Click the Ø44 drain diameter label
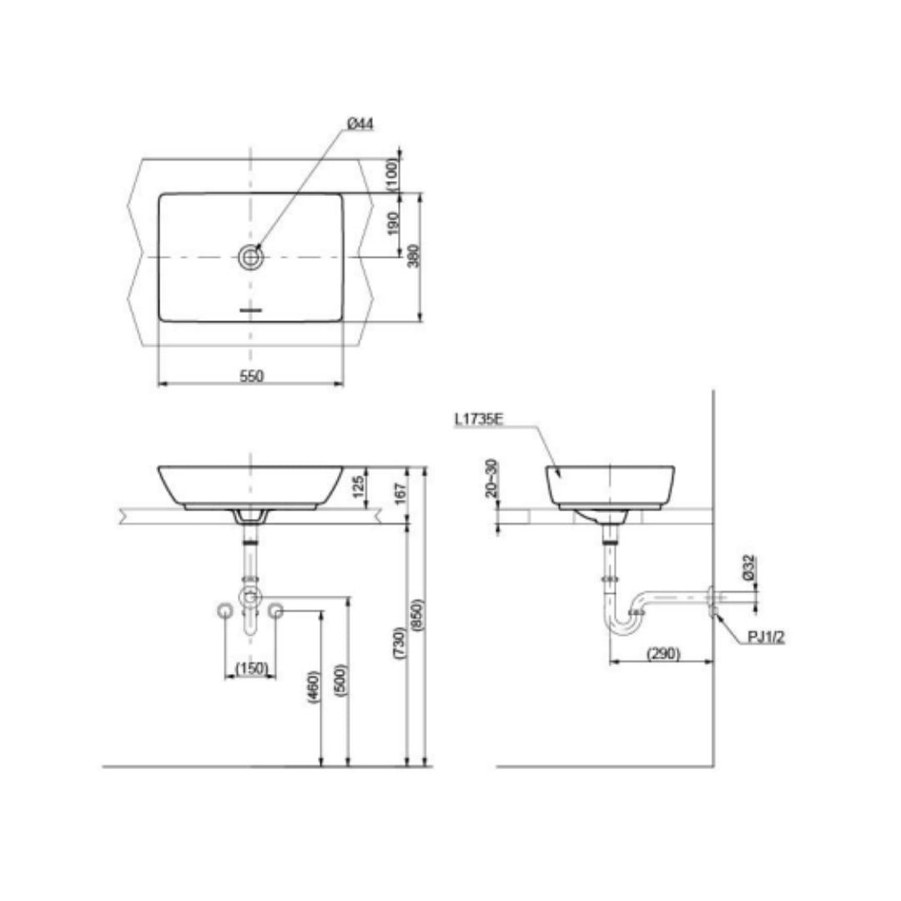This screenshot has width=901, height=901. click(360, 123)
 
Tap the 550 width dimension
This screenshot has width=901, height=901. click(252, 376)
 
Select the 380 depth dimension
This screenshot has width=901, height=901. click(414, 256)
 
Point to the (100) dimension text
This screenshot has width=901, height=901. click(392, 174)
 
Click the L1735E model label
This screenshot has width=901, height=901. click(479, 420)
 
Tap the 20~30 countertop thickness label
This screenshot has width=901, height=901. click(492, 478)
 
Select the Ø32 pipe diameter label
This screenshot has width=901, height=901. click(748, 568)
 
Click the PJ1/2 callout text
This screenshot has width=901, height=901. click(766, 637)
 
